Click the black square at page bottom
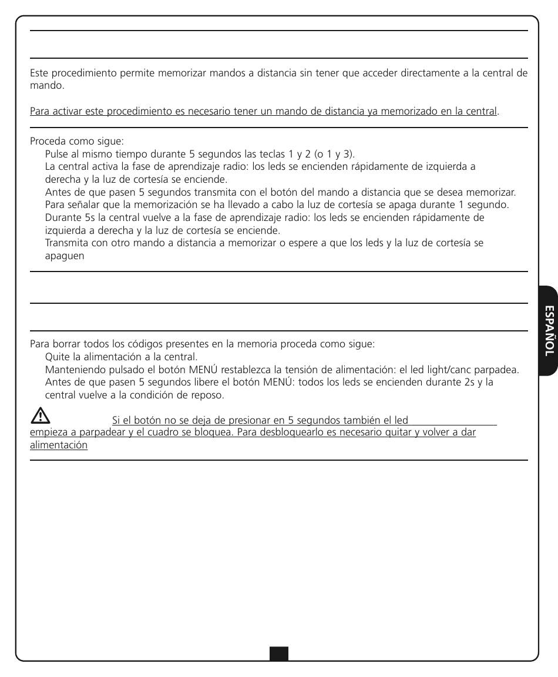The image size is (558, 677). [x=279, y=653]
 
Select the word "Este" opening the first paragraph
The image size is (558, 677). [x=39, y=73]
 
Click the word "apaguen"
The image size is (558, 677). [x=64, y=256]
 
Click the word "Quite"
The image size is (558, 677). [x=56, y=357]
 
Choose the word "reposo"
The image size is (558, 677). [x=210, y=395]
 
